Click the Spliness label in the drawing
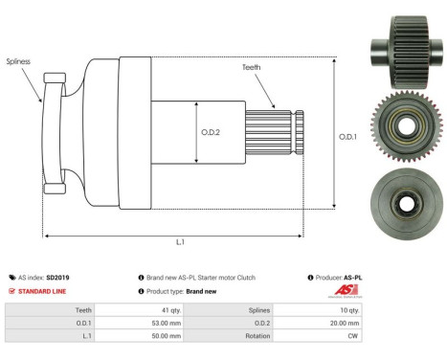(17, 60)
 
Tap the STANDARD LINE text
(40, 291)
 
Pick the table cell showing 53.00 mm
(159, 324)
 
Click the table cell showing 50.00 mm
(159, 337)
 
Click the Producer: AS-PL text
(337, 277)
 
